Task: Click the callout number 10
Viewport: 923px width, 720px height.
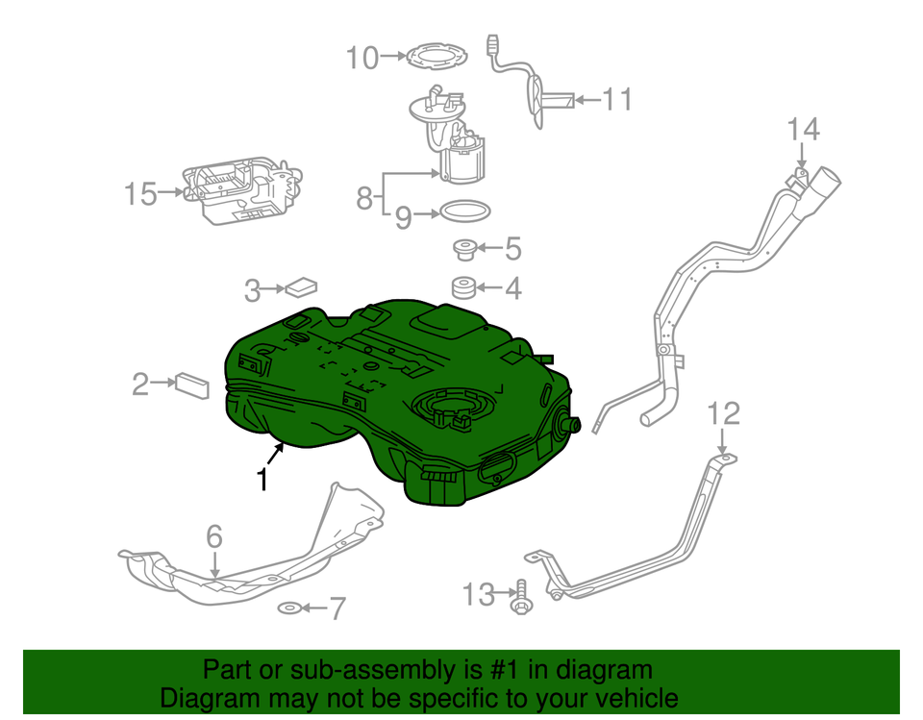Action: [x=363, y=59]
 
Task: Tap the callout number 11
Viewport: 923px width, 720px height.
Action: [x=617, y=98]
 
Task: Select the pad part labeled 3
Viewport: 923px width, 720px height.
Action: [x=302, y=286]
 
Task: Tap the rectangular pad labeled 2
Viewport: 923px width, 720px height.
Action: [x=191, y=385]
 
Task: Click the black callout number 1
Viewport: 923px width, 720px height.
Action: [x=262, y=478]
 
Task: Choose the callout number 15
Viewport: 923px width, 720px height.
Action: [x=140, y=194]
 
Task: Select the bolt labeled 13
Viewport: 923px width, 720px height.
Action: [x=520, y=594]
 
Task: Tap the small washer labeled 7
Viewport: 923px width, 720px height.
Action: [x=287, y=608]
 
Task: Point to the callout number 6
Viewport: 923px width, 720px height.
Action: [x=214, y=535]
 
